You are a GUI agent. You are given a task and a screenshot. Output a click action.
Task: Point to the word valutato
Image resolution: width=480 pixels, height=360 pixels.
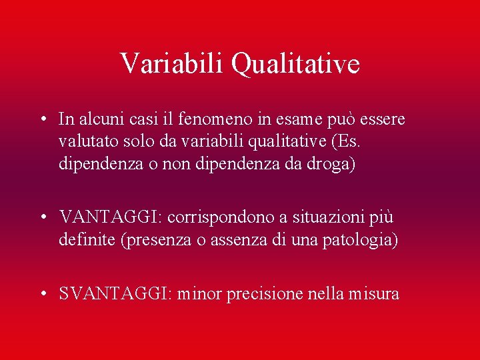85,142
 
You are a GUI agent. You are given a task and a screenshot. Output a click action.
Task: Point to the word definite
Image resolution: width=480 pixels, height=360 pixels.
87,240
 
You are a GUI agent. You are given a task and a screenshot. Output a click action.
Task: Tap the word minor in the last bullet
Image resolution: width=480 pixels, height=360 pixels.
200,293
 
